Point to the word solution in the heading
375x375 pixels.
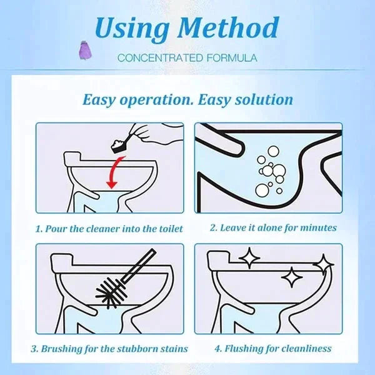261,99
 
